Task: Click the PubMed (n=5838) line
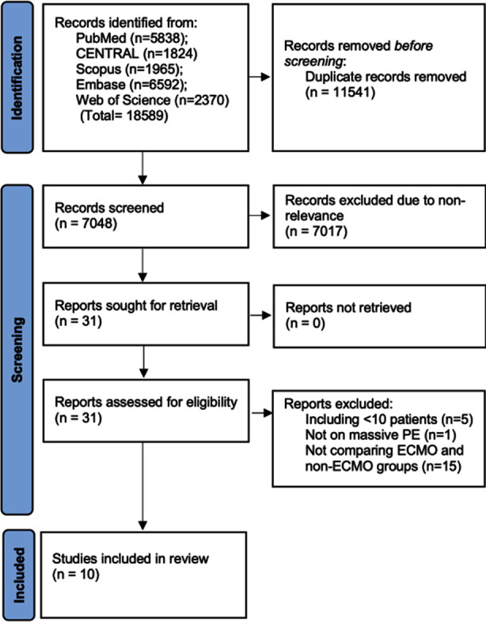[131, 38]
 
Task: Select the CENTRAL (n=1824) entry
[136, 54]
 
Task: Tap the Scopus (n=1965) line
[130, 69]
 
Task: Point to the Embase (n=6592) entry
[131, 85]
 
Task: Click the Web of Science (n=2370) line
[152, 100]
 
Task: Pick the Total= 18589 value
[124, 116]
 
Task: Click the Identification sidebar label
[17, 78]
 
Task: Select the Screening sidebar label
[17, 350]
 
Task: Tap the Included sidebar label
[19, 575]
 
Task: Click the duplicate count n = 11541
[340, 93]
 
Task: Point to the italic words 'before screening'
[359, 54]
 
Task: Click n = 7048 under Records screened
[85, 224]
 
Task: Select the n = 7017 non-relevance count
[316, 231]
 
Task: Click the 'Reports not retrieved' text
[348, 307]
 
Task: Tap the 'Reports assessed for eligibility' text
[146, 402]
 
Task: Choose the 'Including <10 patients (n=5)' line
[389, 419]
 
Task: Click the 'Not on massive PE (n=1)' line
[381, 434]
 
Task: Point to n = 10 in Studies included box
[75, 574]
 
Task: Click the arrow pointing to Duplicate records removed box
[260, 77]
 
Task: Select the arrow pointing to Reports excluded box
[262, 413]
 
